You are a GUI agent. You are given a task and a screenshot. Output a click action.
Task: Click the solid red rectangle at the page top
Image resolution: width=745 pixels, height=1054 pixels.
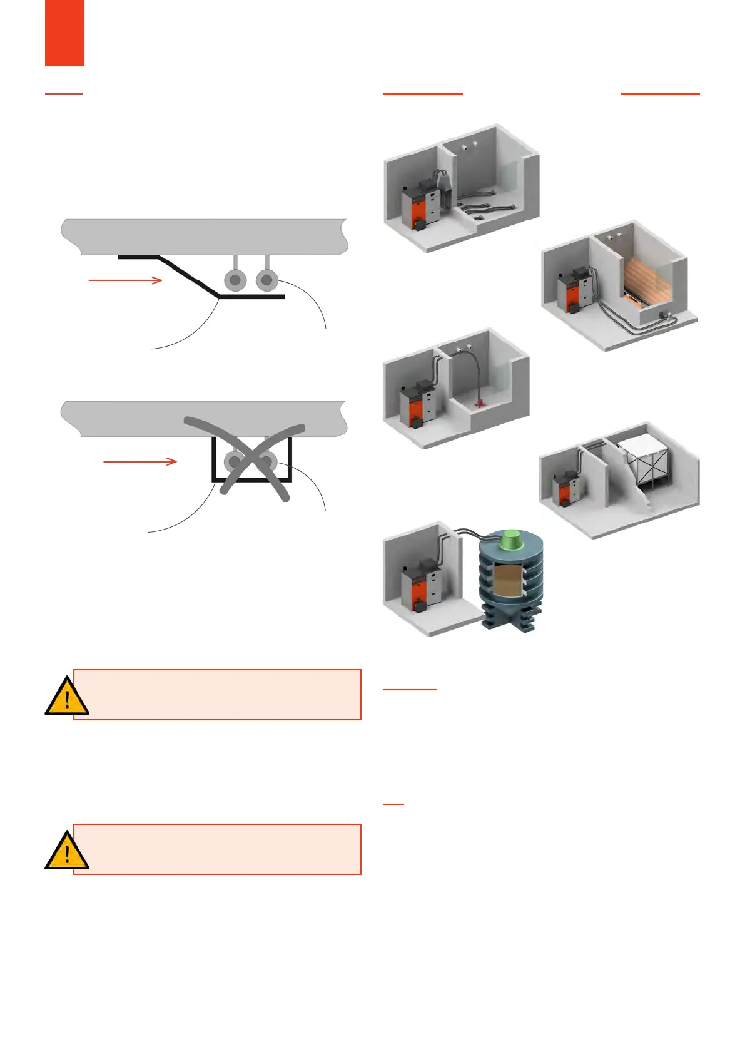[x=64, y=33]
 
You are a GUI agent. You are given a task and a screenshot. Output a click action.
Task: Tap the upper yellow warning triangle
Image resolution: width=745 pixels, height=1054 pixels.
[x=66, y=697]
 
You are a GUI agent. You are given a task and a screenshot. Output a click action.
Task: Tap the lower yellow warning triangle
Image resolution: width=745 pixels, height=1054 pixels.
[x=66, y=852]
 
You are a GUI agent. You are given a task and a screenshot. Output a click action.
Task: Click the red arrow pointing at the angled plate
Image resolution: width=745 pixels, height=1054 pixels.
[x=125, y=280]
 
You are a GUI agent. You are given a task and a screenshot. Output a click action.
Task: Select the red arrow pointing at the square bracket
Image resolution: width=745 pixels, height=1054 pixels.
[x=139, y=462]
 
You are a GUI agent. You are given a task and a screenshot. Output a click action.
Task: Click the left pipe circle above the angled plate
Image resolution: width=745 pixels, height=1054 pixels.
[x=235, y=280]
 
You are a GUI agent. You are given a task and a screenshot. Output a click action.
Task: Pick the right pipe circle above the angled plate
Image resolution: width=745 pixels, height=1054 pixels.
[x=267, y=280]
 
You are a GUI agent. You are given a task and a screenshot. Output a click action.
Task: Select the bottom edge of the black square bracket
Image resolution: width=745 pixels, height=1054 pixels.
[x=251, y=480]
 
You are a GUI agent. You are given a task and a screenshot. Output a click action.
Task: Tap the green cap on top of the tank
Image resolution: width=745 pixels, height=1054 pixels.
[x=512, y=538]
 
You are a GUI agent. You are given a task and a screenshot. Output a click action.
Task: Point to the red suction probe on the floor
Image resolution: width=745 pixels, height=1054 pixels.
[x=480, y=403]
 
